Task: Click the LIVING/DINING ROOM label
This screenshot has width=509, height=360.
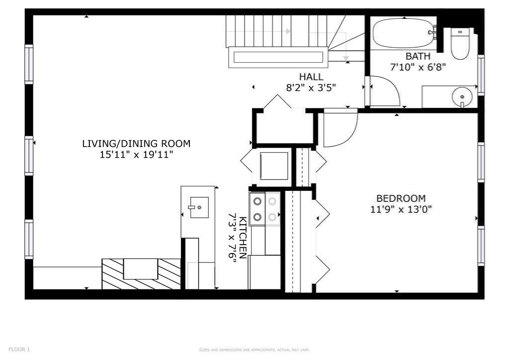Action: point(136,144)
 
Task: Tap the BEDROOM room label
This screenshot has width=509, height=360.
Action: point(401,198)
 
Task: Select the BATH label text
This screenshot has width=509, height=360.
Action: point(418,56)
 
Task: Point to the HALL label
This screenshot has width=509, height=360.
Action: point(311,77)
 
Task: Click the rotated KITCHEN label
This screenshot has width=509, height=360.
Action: point(243,238)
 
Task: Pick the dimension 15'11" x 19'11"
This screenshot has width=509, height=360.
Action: point(136,155)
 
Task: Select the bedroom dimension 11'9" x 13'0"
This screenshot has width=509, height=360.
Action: point(401,209)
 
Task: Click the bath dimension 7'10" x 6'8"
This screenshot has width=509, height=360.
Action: point(418,67)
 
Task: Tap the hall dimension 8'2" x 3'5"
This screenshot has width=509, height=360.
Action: point(311,88)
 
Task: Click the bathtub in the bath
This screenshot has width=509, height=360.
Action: point(404,33)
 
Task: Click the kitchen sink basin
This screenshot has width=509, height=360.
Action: point(199,207)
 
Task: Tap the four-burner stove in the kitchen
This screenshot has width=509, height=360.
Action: point(264,209)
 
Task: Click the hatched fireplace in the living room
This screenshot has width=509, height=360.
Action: point(141,273)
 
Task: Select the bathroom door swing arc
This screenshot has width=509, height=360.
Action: point(386,91)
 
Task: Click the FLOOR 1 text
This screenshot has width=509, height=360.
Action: point(19,350)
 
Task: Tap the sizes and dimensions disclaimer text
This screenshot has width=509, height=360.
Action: point(254,350)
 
